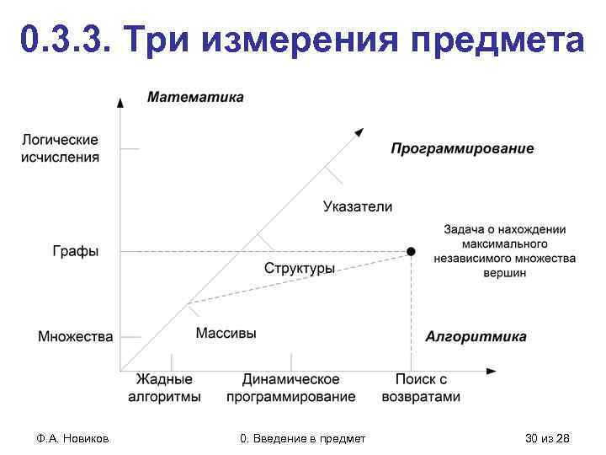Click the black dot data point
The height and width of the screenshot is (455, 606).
point(411,251)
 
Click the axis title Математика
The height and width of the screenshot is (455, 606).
point(196,97)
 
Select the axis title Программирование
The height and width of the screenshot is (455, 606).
point(462,149)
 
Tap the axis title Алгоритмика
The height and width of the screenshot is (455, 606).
point(476,337)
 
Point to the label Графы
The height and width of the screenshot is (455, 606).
point(76,251)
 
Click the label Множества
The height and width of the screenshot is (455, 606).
point(76,337)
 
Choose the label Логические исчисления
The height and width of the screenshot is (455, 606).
point(60,148)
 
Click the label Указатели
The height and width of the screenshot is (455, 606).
point(358,206)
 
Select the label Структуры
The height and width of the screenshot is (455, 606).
point(300,269)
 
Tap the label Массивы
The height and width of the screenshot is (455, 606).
point(226,334)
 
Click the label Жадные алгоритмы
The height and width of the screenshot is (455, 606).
point(164,388)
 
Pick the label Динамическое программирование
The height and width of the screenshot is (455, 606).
point(291,388)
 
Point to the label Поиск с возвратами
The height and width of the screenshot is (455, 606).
point(421,388)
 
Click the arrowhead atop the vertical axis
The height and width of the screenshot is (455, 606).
point(120,102)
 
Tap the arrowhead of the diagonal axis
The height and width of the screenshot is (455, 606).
point(360,131)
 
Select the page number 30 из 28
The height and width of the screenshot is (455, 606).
point(547,438)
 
